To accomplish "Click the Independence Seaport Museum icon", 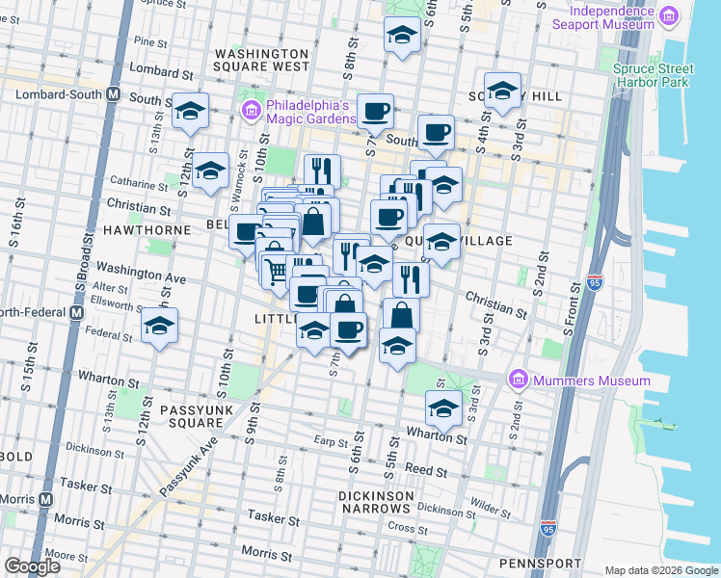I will click(668, 15).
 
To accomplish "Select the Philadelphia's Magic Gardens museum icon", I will click(251, 112).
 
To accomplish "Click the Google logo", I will click(32, 566).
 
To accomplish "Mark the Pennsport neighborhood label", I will click(540, 563).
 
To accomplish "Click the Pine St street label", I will click(151, 42).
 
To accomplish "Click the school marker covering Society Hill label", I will click(502, 92).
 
